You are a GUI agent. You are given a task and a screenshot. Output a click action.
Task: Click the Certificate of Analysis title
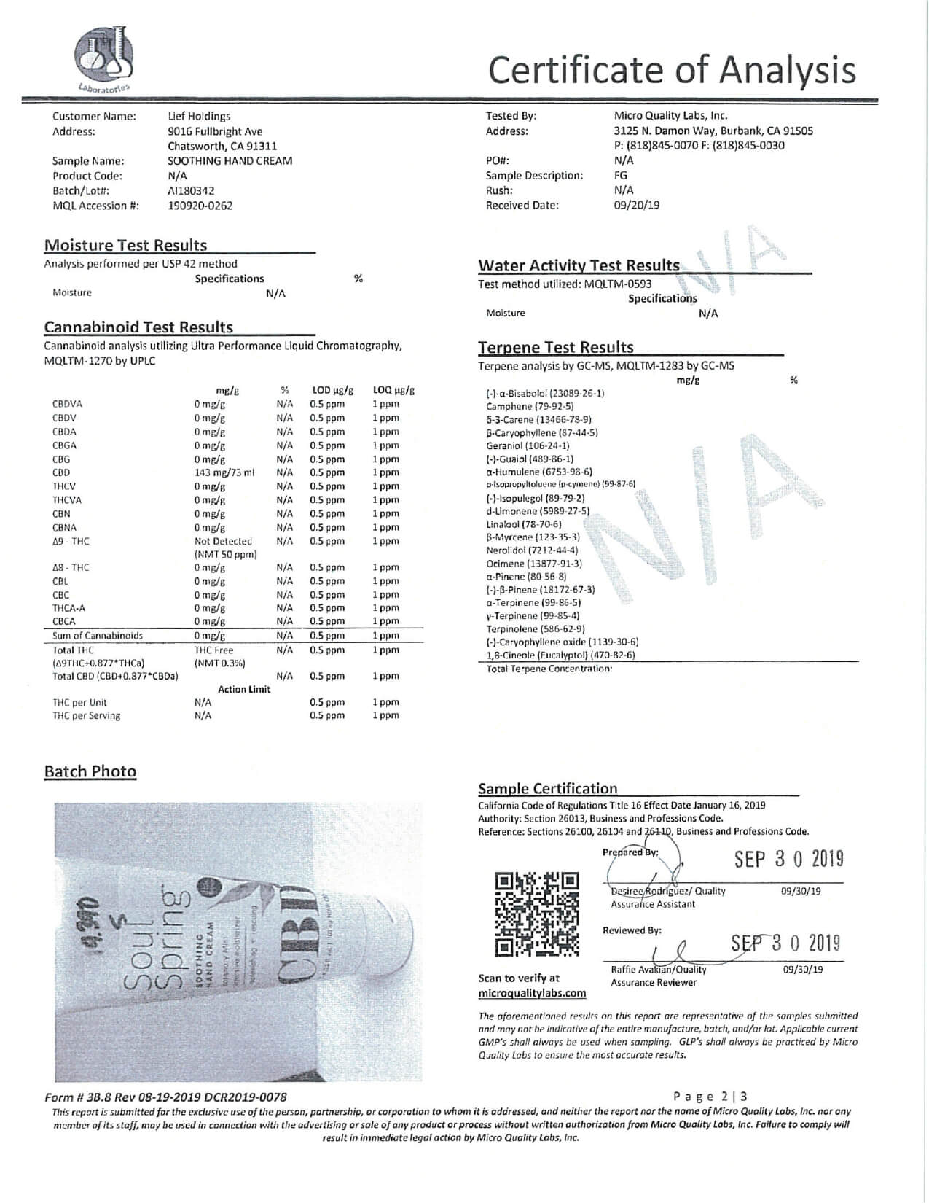tap(671, 70)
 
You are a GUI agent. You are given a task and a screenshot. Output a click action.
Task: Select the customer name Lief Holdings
tap(199, 116)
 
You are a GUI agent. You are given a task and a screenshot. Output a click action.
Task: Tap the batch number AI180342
tap(191, 190)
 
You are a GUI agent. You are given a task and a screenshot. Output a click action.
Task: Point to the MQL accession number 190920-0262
tap(200, 206)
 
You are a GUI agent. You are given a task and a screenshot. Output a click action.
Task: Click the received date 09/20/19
tap(636, 205)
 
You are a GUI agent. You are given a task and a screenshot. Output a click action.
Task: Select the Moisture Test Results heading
tap(125, 246)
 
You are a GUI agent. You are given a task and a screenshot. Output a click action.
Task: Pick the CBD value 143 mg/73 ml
tap(224, 472)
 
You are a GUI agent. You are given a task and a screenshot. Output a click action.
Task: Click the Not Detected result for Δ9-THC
tap(223, 541)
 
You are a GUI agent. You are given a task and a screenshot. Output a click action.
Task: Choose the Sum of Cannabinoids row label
tap(98, 636)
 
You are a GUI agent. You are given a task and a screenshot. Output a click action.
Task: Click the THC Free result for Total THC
tap(213, 650)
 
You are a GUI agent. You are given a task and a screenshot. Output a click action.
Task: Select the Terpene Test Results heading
tap(555, 348)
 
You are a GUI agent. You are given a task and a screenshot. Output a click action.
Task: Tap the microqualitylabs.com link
tap(532, 993)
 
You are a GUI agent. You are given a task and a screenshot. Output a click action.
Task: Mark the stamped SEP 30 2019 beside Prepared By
tap(788, 860)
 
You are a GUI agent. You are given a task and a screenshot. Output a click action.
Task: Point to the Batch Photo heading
tap(90, 771)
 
